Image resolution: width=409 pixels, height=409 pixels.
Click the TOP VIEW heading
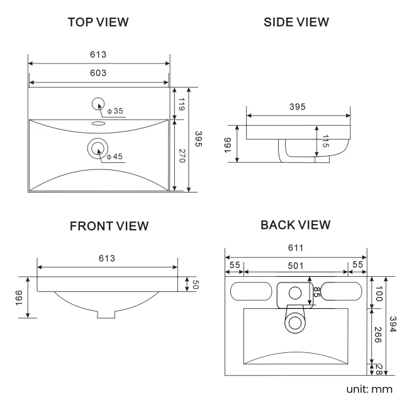(98, 22)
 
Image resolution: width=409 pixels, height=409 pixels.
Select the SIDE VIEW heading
(296, 22)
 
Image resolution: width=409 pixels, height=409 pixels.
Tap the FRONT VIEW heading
(109, 226)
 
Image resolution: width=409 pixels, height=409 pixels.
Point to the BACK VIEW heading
(296, 225)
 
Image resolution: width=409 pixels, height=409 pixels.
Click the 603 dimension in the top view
(98, 73)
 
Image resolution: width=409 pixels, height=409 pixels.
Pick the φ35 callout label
(115, 111)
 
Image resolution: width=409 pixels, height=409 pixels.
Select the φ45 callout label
(115, 157)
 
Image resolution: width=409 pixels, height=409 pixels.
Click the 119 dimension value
(182, 104)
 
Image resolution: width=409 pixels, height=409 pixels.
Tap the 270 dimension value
(182, 155)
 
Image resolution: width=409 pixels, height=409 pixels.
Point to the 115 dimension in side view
(325, 141)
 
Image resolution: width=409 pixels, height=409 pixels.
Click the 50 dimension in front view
(195, 284)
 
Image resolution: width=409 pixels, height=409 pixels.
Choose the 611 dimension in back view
(296, 248)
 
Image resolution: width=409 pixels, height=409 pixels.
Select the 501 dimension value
(296, 266)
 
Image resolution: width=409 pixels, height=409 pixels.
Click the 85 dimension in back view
(317, 292)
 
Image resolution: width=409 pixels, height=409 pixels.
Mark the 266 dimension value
(378, 335)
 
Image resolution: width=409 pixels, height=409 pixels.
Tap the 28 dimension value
(379, 369)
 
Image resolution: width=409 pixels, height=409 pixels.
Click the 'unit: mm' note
(369, 389)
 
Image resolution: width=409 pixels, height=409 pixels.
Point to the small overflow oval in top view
(98, 123)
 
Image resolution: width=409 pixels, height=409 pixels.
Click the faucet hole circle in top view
(98, 104)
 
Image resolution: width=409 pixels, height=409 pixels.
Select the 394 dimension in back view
(393, 324)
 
